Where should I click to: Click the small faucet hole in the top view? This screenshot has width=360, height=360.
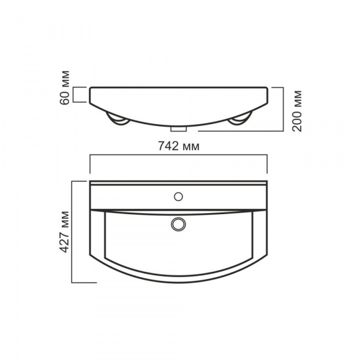tap(178, 196)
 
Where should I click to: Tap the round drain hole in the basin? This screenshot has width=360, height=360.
tap(178, 223)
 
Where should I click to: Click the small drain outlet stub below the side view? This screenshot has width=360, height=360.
tap(178, 128)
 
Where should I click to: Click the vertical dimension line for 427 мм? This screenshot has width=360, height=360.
tap(72, 231)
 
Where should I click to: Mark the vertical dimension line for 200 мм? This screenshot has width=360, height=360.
tap(283, 108)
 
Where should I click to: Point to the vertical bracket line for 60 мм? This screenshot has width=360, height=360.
tap(74, 95)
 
